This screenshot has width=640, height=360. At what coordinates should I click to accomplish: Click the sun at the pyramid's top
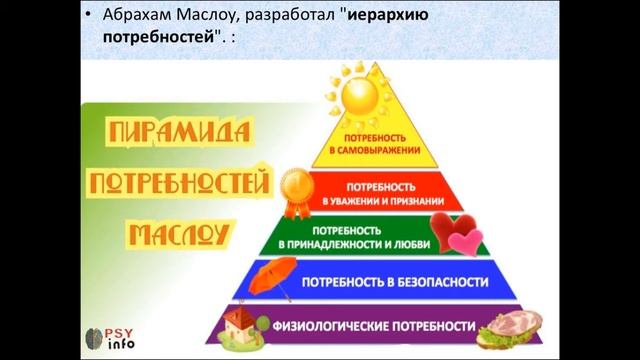click(356, 101)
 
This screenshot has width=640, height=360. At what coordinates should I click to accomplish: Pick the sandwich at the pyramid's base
click(511, 326)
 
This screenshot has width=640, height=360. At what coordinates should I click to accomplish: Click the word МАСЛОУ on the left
click(177, 236)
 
